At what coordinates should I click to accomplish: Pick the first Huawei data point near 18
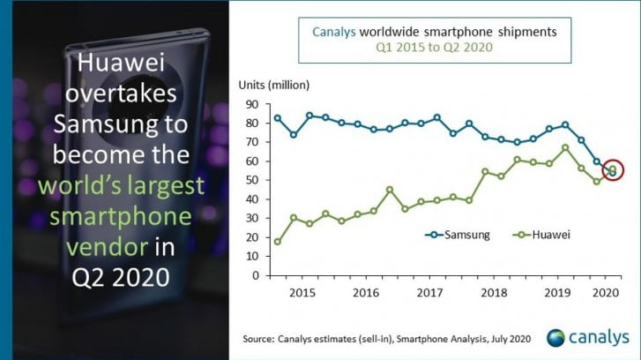pos(278,241)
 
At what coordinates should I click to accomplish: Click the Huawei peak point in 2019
pos(565,147)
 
